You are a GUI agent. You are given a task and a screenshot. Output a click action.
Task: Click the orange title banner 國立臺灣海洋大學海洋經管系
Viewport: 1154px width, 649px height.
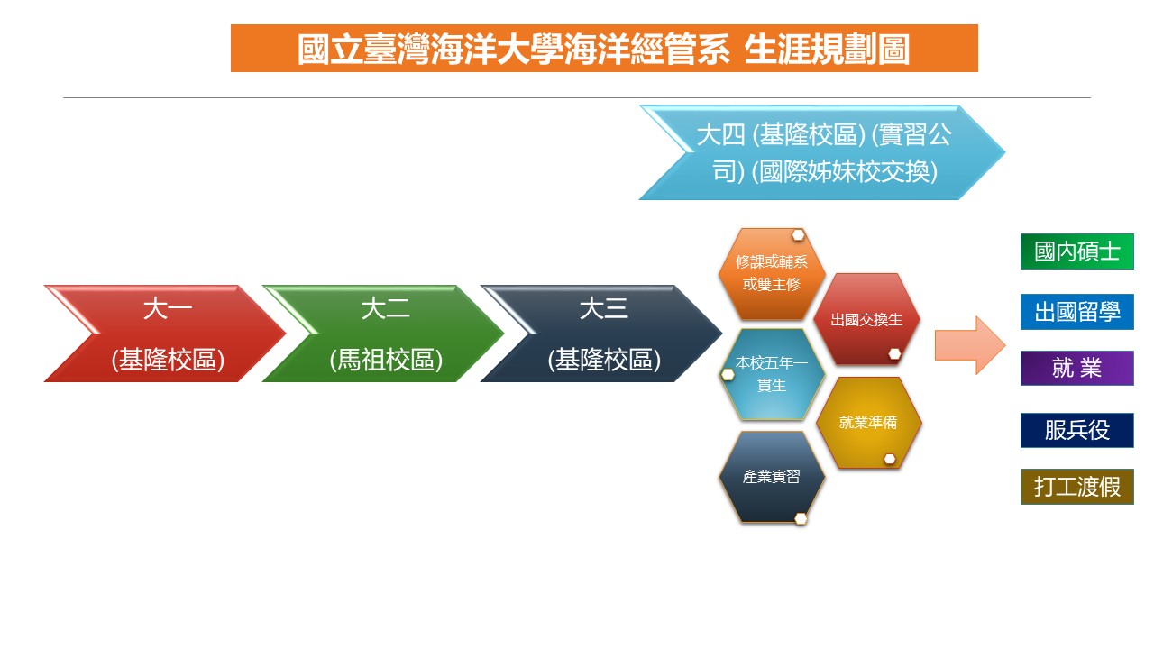(x=604, y=49)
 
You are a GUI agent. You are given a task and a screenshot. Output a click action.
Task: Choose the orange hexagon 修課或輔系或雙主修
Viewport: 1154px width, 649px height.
(x=771, y=273)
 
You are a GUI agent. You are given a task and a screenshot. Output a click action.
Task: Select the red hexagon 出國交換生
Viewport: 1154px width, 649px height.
(x=866, y=319)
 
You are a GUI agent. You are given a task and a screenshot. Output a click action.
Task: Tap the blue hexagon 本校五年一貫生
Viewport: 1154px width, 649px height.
(x=771, y=374)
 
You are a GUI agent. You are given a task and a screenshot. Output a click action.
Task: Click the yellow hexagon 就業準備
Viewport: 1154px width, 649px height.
(x=868, y=423)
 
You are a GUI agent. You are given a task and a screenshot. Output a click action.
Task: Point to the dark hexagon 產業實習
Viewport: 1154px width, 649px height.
(x=771, y=477)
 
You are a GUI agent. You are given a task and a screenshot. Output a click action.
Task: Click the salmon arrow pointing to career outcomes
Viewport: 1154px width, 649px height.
(x=970, y=345)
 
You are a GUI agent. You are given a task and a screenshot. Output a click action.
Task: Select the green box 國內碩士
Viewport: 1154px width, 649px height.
(x=1076, y=251)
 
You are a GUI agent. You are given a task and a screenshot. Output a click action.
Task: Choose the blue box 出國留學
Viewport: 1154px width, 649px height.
(x=1076, y=312)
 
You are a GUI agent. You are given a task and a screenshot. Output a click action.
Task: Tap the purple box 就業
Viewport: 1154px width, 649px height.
(x=1076, y=368)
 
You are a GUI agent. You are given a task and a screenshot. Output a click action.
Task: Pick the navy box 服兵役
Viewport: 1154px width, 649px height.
(x=1076, y=430)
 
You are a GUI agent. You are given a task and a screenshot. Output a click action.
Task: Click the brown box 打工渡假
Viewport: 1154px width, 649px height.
(x=1076, y=486)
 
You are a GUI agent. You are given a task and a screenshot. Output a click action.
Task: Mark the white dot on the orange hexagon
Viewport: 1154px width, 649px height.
(x=798, y=235)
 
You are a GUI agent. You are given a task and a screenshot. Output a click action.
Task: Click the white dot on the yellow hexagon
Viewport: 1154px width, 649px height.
(x=890, y=459)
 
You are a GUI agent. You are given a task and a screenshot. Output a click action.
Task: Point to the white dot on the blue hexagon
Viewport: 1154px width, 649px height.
(x=728, y=374)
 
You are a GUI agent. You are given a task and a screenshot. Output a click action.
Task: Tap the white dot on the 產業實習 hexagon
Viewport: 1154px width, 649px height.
(x=801, y=518)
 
